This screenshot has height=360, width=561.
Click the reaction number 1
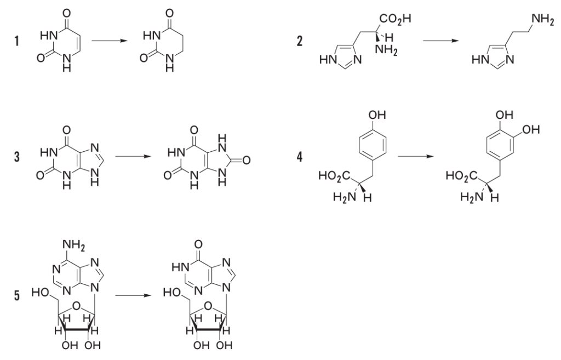(x=17, y=41)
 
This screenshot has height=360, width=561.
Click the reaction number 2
(x=299, y=41)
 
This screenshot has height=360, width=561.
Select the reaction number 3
(x=17, y=157)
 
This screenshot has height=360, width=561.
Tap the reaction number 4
(x=299, y=157)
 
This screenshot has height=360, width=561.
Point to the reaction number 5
(x=17, y=295)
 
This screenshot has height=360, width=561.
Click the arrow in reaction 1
(x=110, y=41)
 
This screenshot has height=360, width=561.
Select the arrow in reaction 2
(x=441, y=41)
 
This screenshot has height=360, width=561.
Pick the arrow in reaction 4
(x=416, y=156)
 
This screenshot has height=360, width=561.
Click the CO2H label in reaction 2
(x=396, y=19)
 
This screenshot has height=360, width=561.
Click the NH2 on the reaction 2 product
(x=542, y=19)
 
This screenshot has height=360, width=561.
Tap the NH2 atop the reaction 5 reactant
(x=74, y=245)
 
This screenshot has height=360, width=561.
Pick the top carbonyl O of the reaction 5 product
(x=198, y=245)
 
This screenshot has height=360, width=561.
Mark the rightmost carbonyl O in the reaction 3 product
(x=246, y=161)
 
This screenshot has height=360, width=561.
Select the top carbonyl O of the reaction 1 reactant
(x=66, y=14)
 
